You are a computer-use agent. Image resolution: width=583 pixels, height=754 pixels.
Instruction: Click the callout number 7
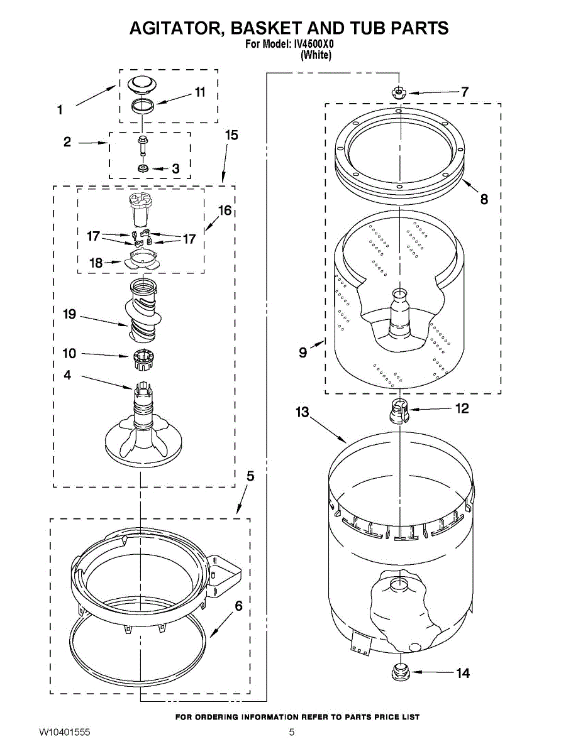(x=464, y=92)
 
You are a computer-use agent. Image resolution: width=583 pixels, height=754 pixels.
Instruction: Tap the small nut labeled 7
(x=399, y=93)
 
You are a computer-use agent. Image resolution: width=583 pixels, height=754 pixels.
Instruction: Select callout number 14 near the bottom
(x=462, y=674)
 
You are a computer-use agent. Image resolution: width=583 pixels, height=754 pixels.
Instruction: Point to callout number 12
(x=462, y=409)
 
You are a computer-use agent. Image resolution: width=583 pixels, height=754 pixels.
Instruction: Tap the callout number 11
(x=199, y=92)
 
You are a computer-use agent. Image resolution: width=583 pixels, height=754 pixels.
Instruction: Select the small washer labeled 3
(x=143, y=168)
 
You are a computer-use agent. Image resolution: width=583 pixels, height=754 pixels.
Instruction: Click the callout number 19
(x=69, y=314)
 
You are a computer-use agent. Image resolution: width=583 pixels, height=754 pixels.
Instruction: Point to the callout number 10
(x=69, y=353)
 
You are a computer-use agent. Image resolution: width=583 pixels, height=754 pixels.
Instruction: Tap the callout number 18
(x=96, y=263)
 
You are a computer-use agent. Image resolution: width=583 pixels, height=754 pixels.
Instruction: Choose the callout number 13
(x=303, y=412)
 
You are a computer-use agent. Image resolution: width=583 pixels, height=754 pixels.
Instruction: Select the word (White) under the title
(x=316, y=55)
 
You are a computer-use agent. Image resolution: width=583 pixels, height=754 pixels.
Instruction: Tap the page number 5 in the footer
(x=292, y=733)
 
